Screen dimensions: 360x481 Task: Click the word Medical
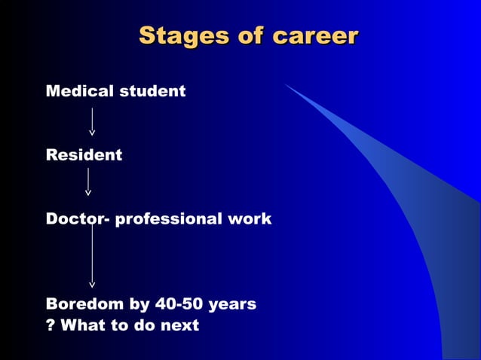point(78,91)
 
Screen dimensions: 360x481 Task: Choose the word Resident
point(84,155)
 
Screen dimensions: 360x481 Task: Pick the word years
point(232,305)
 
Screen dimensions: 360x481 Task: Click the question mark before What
point(51,325)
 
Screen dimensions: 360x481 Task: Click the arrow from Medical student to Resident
point(92,121)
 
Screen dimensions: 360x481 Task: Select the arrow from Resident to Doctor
point(88,182)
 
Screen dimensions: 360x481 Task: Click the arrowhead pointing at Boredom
point(92,284)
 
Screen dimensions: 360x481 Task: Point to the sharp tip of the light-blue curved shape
point(286,85)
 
